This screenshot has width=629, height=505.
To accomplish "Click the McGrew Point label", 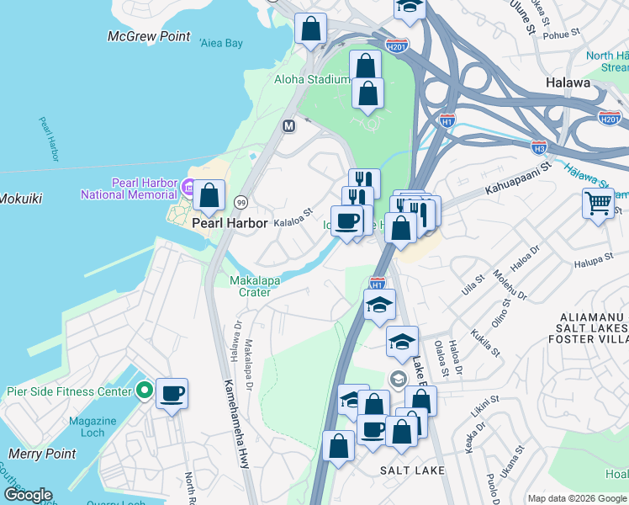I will [x=149, y=36].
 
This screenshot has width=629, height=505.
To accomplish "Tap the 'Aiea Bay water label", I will [x=221, y=42].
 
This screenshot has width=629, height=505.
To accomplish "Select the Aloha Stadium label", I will [x=311, y=79].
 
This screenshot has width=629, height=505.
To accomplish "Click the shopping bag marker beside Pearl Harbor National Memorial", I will [x=209, y=195].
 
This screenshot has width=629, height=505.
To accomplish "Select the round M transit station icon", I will [x=288, y=126].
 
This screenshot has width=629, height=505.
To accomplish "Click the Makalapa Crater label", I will [x=250, y=286].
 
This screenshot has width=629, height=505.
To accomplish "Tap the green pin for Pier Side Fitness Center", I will [x=144, y=391].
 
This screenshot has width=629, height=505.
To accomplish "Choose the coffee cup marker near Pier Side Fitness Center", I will [x=172, y=394].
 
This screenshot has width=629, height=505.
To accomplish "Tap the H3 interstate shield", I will [x=539, y=147].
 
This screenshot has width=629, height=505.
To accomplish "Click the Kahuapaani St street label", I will [x=516, y=178].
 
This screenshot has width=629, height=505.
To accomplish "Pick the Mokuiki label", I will [x=20, y=199].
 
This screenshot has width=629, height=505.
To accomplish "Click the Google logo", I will [x=28, y=494].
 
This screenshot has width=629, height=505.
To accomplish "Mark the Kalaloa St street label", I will [x=293, y=215].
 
